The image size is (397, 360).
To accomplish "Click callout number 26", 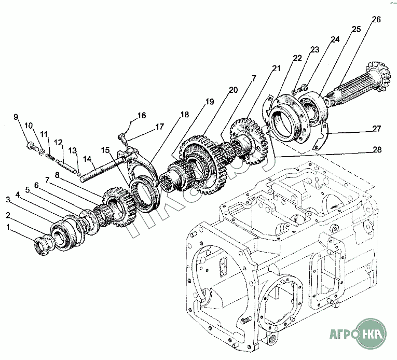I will click(376, 20).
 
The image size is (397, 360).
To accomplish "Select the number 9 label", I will click(16, 116).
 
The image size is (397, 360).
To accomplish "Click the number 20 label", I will click(233, 89).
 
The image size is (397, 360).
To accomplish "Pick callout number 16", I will click(142, 115).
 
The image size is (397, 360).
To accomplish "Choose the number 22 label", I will click(297, 58).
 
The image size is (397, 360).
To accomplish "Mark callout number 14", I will click(87, 159).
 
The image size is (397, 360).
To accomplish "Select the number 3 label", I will click(8, 199).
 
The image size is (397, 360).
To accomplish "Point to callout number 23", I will click(314, 49).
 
